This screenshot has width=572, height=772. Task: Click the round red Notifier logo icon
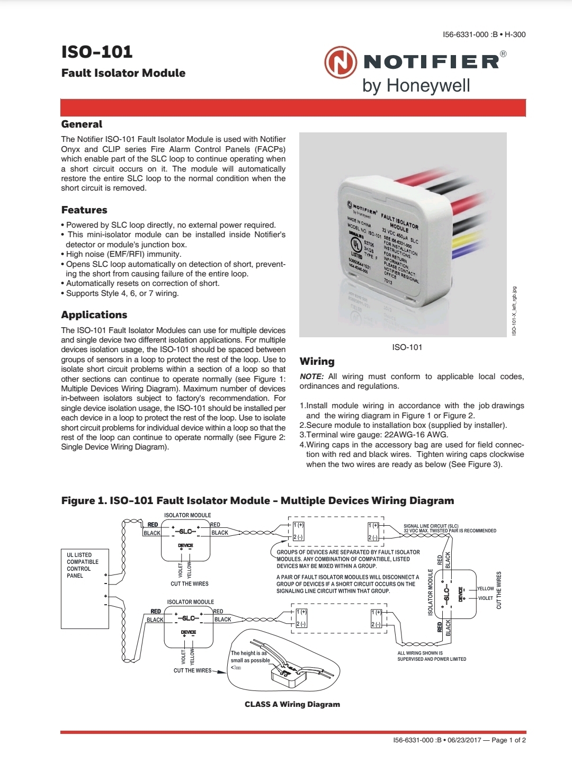point(341,62)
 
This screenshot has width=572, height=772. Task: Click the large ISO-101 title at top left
point(97,52)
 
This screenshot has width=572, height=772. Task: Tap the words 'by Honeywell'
point(416,85)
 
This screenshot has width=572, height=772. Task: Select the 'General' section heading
point(82,124)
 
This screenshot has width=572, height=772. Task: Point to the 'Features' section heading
point(84,210)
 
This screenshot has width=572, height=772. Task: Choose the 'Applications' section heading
point(94,315)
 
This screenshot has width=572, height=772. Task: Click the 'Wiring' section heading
point(317,362)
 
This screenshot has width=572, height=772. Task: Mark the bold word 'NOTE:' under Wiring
point(311,376)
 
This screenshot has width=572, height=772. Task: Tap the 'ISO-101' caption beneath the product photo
point(407,347)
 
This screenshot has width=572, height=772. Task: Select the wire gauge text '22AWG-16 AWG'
point(416,435)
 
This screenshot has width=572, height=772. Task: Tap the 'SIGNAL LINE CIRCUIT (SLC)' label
point(431,526)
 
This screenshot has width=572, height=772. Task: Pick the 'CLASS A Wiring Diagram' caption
point(292,704)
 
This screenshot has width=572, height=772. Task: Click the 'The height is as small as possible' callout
point(250,657)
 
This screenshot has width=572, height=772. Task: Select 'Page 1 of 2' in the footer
point(508,740)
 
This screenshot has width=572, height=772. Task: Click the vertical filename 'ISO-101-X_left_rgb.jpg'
point(514,311)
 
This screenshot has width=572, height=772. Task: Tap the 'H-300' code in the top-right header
point(515,34)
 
